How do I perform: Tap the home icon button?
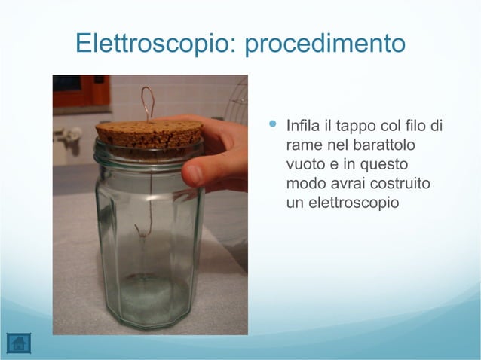coord(18,343)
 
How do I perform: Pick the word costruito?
coord(407,184)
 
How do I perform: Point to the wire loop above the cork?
coord(148,102)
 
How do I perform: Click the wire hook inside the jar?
coord(144,230)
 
